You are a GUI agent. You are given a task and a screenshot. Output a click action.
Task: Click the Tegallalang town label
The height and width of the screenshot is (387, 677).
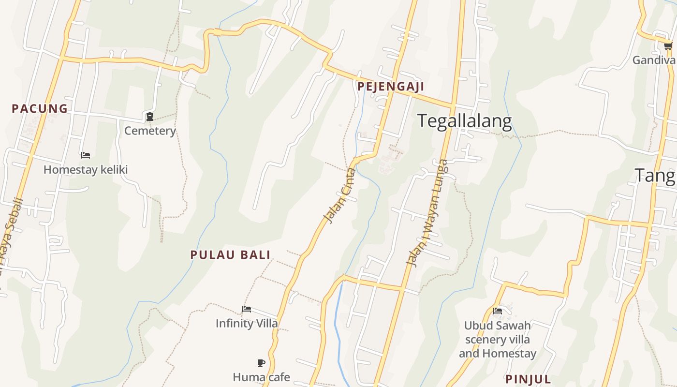pyautogui.click(x=464, y=121)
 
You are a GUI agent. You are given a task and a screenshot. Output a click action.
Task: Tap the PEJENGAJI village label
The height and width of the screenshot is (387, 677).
pyautogui.click(x=391, y=87)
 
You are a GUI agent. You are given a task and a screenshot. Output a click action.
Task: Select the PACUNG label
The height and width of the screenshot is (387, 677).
pyautogui.click(x=40, y=109)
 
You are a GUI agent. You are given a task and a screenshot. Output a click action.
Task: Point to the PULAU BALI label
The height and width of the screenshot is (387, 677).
pyautogui.click(x=230, y=255)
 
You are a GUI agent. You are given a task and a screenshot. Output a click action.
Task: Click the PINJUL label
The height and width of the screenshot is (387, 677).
pyautogui.click(x=528, y=379)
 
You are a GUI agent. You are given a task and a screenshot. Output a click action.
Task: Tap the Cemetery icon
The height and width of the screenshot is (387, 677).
pyautogui.click(x=150, y=116)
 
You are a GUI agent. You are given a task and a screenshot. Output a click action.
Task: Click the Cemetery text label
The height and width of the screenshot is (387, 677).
pyautogui.click(x=150, y=131)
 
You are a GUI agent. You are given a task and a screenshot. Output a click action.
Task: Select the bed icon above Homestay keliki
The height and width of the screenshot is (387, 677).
pyautogui.click(x=86, y=155)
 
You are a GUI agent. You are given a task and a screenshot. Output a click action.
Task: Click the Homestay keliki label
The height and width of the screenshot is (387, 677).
pyautogui.click(x=86, y=170)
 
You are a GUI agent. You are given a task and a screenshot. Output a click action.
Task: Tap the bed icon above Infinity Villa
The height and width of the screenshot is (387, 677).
pyautogui.click(x=247, y=309)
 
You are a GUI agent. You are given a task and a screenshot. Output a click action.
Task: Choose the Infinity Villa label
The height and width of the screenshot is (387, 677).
pyautogui.click(x=247, y=324)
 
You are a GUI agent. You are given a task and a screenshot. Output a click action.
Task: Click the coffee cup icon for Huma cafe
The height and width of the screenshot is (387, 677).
pyautogui.click(x=261, y=363)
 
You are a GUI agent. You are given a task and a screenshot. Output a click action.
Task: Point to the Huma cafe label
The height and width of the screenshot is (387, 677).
pyautogui.click(x=261, y=377)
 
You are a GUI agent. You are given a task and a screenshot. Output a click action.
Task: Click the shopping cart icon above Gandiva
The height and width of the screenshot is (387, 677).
pyautogui.click(x=668, y=46)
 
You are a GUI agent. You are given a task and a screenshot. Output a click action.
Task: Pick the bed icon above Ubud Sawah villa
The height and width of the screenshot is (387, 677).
pyautogui.click(x=497, y=311)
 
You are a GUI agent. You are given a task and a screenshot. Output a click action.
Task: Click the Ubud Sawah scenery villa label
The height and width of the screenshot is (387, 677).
pyautogui.click(x=498, y=340)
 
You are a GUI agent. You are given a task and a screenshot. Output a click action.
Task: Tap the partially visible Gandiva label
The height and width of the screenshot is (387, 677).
pyautogui.click(x=654, y=60)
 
